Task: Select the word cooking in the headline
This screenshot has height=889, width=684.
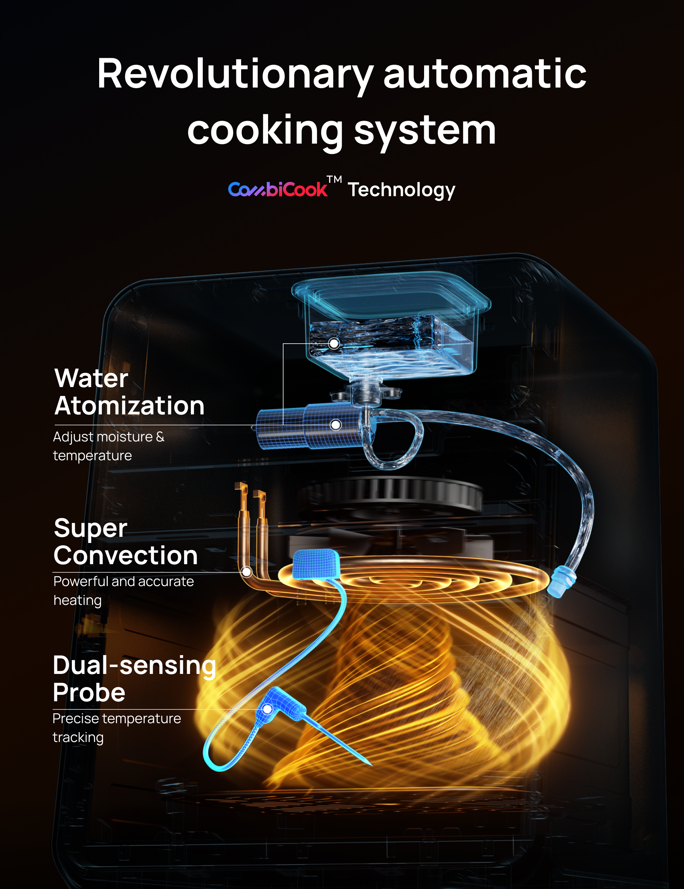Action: [265, 130]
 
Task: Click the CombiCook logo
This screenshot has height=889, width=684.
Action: [277, 189]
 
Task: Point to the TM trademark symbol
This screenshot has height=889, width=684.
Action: [334, 180]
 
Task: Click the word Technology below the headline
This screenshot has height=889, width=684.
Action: [402, 190]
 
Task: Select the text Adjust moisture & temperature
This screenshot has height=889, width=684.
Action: [108, 446]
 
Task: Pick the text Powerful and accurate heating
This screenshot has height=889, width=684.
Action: [123, 590]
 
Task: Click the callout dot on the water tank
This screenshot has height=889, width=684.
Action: [334, 344]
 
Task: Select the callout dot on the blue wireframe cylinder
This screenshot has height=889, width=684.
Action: [336, 425]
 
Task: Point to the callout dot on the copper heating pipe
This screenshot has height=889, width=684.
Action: [246, 572]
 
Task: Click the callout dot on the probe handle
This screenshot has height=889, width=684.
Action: [267, 709]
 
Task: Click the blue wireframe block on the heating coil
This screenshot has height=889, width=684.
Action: [316, 564]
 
